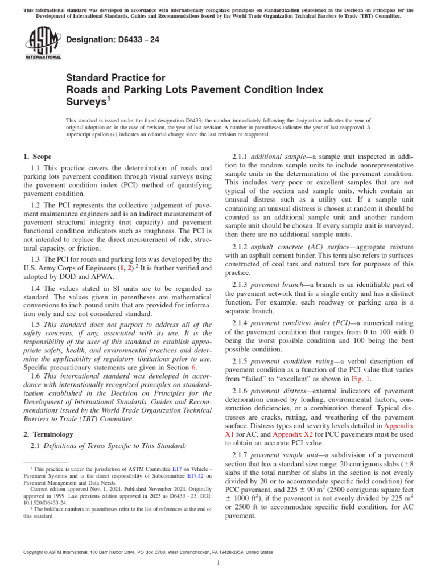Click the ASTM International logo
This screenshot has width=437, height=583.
point(43,44)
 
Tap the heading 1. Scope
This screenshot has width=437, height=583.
point(37,157)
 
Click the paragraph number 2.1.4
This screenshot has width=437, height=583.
point(240,322)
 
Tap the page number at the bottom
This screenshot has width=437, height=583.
point(218,563)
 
